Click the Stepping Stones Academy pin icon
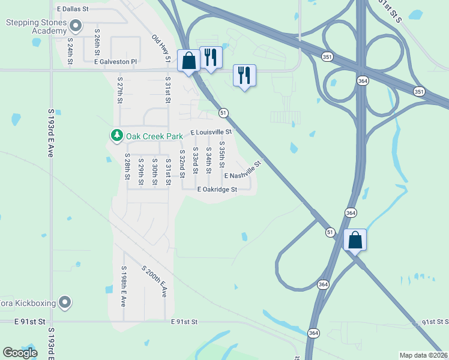[x=76, y=26]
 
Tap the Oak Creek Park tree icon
[x=116, y=136]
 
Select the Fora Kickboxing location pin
[x=65, y=302]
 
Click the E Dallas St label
[x=73, y=10]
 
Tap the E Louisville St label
[x=211, y=132]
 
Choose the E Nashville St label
[x=244, y=171]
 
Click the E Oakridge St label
[x=218, y=189]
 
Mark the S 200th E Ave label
[x=154, y=281]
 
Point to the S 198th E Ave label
[x=124, y=286]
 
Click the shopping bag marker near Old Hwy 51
[x=189, y=61]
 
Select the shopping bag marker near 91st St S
[x=355, y=240]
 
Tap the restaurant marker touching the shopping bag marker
[x=210, y=58]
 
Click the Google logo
[x=20, y=353]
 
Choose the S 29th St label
[x=141, y=172]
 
